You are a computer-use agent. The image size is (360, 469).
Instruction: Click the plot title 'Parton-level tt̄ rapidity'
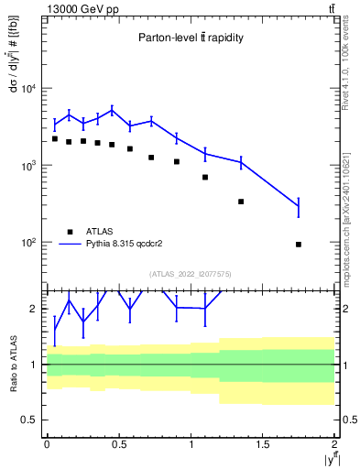[191, 38]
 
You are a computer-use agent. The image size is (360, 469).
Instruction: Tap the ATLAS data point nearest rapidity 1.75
[299, 245]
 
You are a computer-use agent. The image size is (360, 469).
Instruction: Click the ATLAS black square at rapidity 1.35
[241, 202]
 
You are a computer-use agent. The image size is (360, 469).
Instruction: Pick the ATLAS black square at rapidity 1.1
[205, 177]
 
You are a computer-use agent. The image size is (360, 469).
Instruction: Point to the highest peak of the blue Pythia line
[112, 110]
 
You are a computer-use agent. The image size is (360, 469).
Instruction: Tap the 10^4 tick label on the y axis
[27, 89]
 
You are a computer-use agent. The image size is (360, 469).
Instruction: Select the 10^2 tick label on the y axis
[27, 243]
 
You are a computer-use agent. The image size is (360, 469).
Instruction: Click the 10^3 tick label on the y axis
[27, 166]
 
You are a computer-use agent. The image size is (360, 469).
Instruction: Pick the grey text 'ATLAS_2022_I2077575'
[191, 273]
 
